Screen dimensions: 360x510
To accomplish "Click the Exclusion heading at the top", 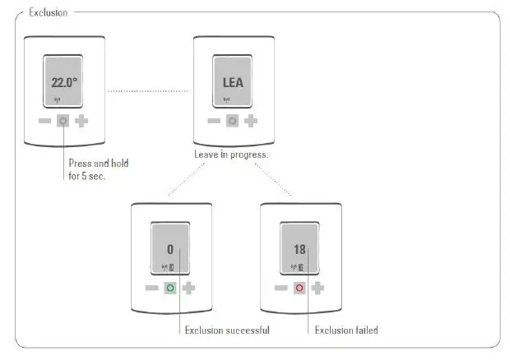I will [x=48, y=12].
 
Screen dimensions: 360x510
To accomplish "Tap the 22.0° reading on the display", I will [x=64, y=82].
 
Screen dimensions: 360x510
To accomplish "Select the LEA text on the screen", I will [x=233, y=82].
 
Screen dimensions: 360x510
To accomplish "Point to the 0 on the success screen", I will [x=170, y=250].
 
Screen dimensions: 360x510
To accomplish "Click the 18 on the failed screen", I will [x=299, y=250].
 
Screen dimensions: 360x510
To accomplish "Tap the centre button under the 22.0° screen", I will [x=63, y=121].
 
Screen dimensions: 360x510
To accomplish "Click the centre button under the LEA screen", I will [x=233, y=121].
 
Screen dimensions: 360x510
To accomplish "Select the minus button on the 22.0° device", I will [x=44, y=121].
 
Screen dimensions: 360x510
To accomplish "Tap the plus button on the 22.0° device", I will [x=82, y=121].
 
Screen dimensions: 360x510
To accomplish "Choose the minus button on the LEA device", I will [x=214, y=121].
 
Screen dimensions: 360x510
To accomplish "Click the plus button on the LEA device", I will [x=251, y=121].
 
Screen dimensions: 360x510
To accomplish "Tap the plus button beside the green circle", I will [x=189, y=288].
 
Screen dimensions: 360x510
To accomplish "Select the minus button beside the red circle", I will [x=280, y=288].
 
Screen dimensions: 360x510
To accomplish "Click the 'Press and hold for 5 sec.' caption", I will [x=98, y=168].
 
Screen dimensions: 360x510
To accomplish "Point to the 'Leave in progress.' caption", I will [x=231, y=154].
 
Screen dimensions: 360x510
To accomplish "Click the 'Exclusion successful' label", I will [x=227, y=330].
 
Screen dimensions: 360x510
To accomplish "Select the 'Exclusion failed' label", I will [x=346, y=330].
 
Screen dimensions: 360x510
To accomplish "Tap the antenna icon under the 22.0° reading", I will [x=57, y=101].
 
